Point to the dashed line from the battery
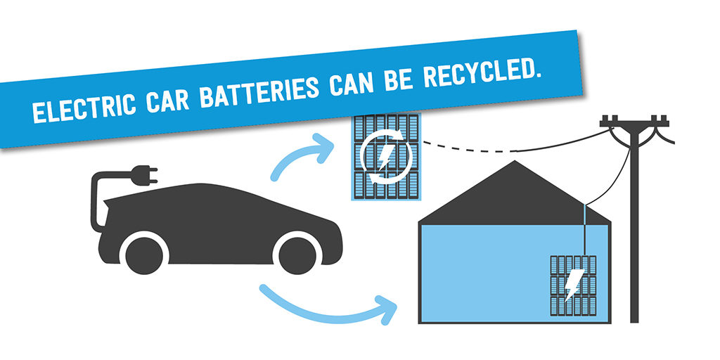point(464,146)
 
